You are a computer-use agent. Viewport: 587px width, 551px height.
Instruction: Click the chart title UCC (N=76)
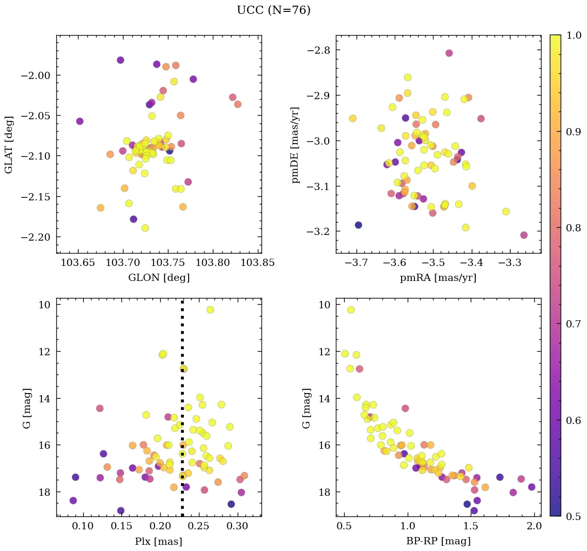pyautogui.click(x=273, y=10)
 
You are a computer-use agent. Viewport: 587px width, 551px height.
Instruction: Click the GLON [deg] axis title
pyautogui.click(x=159, y=278)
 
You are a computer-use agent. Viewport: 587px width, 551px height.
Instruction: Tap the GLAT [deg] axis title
pyautogui.click(x=9, y=145)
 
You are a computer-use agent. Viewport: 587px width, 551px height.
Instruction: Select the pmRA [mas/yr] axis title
pyautogui.click(x=438, y=278)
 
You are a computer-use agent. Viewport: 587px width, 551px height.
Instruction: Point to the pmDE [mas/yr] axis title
pyautogui.click(x=296, y=145)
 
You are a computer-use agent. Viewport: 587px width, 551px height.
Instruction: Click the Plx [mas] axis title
pyautogui.click(x=159, y=541)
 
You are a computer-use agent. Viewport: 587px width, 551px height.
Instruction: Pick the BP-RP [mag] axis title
pyautogui.click(x=438, y=541)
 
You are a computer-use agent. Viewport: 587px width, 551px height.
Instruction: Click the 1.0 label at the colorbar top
pyautogui.click(x=573, y=35)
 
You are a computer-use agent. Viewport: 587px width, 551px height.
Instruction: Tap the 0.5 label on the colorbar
pyautogui.click(x=573, y=516)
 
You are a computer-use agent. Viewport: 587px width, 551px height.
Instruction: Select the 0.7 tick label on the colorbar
pyautogui.click(x=573, y=324)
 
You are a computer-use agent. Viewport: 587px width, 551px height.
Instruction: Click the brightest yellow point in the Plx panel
pyautogui.click(x=210, y=310)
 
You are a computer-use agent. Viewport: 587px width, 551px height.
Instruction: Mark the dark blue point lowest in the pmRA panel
pyautogui.click(x=358, y=225)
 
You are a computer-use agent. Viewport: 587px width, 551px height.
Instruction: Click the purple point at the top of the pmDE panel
pyautogui.click(x=449, y=53)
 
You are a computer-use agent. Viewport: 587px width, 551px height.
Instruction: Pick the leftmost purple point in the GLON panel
pyautogui.click(x=80, y=121)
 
